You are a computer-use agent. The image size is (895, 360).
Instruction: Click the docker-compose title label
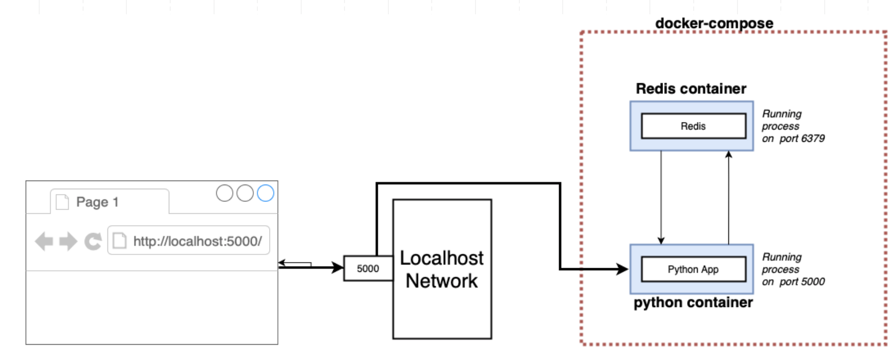pos(714,23)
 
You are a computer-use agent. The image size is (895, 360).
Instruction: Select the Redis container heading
pos(691,89)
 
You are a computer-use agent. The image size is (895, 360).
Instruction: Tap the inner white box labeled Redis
pos(693,126)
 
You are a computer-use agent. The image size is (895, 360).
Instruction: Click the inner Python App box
pos(693,269)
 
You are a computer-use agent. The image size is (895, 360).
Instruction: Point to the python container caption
pos(693,302)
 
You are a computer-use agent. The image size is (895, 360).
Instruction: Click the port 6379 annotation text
pos(793,126)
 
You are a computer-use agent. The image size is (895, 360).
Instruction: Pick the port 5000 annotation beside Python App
pos(793,269)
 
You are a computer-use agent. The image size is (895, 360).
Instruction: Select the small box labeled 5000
pos(368,268)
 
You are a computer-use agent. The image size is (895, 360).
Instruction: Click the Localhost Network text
pos(441,269)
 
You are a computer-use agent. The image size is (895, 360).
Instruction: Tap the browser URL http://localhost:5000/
pos(197,241)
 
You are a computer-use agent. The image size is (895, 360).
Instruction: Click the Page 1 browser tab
pos(97,202)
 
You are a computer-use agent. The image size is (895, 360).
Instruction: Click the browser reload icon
pos(93,241)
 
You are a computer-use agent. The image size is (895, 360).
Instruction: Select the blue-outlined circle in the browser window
pos(266,193)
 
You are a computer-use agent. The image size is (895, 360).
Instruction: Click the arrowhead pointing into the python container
pos(622,269)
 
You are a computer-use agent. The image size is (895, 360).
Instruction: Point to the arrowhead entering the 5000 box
pos(338,267)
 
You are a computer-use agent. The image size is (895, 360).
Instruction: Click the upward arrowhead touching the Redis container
pos(728,154)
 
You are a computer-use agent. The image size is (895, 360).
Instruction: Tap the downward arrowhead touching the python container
pos(661,241)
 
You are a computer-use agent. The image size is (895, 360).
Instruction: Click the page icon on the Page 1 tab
pos(62,202)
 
